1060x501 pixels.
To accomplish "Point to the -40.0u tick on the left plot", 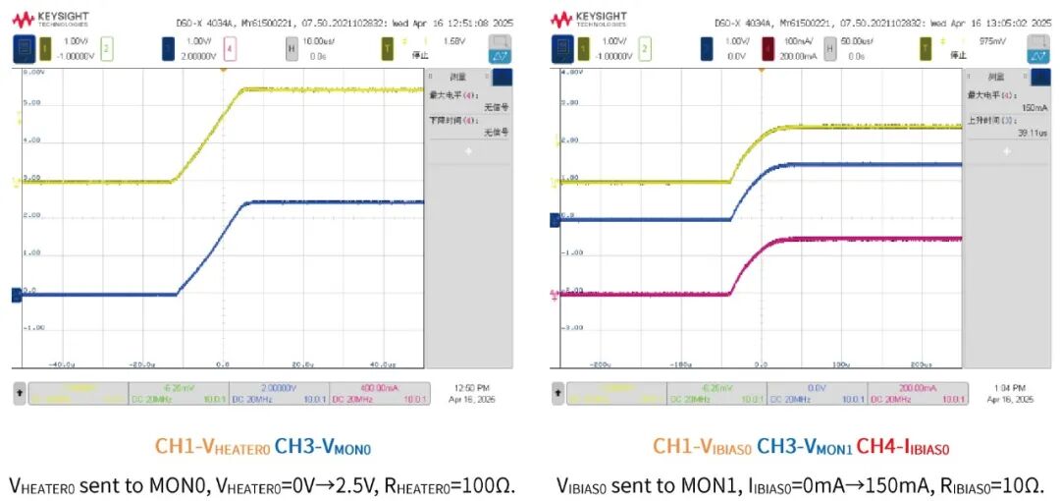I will tap(62, 362).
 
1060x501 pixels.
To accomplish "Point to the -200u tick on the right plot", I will tap(602, 362).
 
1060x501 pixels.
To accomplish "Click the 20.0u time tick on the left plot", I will tap(302, 362).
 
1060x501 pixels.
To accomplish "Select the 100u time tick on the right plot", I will tap(840, 362).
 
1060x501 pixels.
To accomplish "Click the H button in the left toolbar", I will tap(291, 46).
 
